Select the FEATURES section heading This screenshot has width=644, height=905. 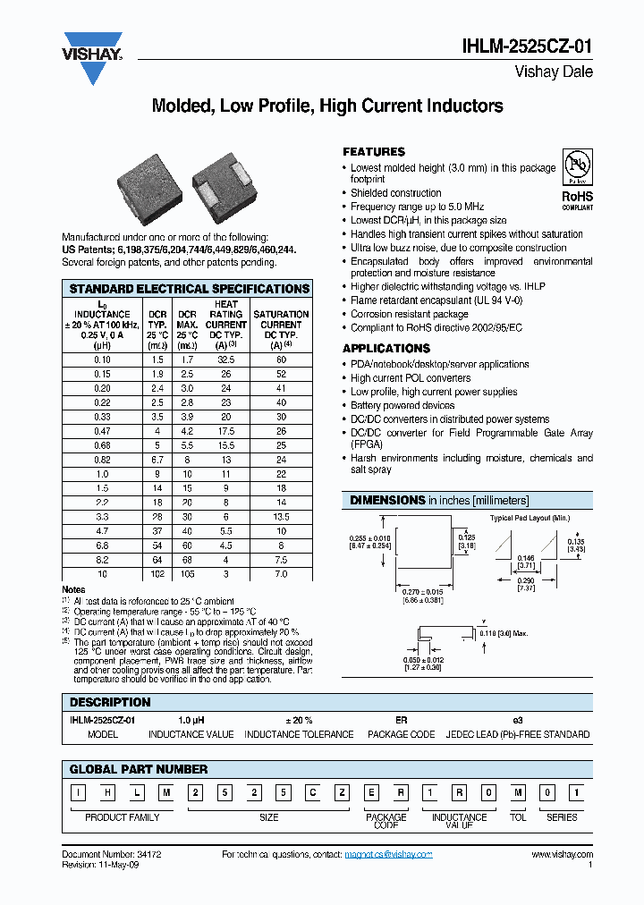pyautogui.click(x=374, y=152)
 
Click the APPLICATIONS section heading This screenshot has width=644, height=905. pyautogui.click(x=386, y=348)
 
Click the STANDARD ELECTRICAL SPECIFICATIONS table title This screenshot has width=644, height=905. pyautogui.click(x=189, y=289)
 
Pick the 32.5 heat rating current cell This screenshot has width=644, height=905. pyautogui.click(x=226, y=359)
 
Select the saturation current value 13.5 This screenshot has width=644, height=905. pyautogui.click(x=281, y=516)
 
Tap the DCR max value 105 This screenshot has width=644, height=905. pyautogui.click(x=187, y=573)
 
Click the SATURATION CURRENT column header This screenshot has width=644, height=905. pyautogui.click(x=281, y=325)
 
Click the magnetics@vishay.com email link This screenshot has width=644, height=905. pyautogui.click(x=388, y=855)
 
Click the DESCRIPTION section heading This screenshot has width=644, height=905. pyautogui.click(x=110, y=702)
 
